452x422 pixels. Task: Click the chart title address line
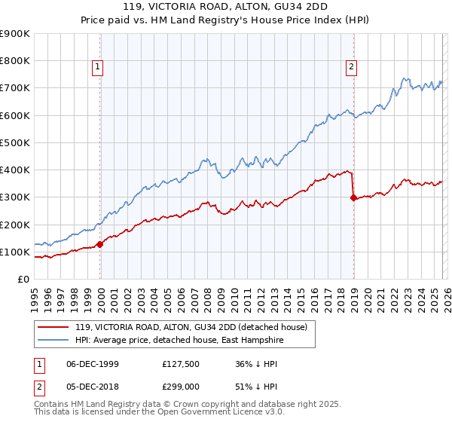click(x=226, y=8)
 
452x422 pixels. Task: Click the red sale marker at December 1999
click(x=99, y=243)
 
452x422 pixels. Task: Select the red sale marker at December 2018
click(x=353, y=197)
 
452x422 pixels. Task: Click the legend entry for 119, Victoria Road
click(x=191, y=328)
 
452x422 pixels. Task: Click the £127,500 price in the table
click(x=185, y=363)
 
